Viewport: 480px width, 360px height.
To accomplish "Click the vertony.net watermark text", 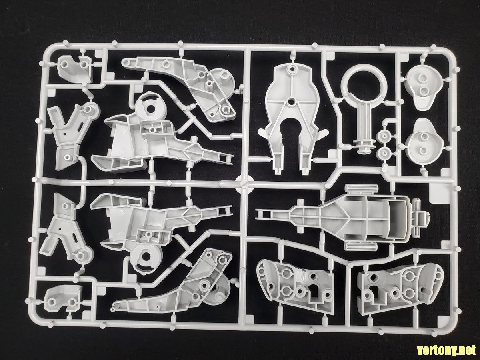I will [x=443, y=350].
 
